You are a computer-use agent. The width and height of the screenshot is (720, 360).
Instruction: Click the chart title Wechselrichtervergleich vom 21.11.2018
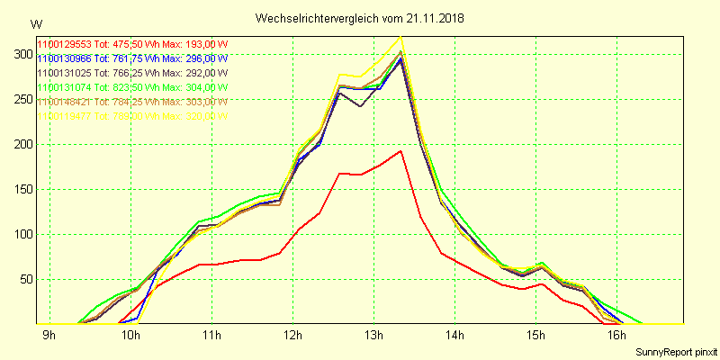coord(360,18)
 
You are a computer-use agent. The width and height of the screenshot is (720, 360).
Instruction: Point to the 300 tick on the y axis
coord(18,54)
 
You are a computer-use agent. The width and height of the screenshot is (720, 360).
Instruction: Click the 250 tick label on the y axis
coord(18,99)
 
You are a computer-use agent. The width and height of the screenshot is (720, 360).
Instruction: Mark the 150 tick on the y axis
coord(18,189)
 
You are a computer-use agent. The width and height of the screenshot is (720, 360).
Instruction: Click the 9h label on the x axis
coord(49,337)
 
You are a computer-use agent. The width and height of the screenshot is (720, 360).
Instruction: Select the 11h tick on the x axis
coord(211,337)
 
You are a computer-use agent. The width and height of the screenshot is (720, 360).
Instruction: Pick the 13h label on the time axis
coord(373,337)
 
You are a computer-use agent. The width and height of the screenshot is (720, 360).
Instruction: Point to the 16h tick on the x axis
coord(616,337)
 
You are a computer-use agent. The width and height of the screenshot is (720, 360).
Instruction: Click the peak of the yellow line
coord(400,37)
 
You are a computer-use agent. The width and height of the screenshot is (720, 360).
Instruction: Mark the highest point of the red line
coord(400,150)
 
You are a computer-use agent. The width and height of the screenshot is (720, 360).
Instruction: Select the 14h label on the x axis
coord(454,337)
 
